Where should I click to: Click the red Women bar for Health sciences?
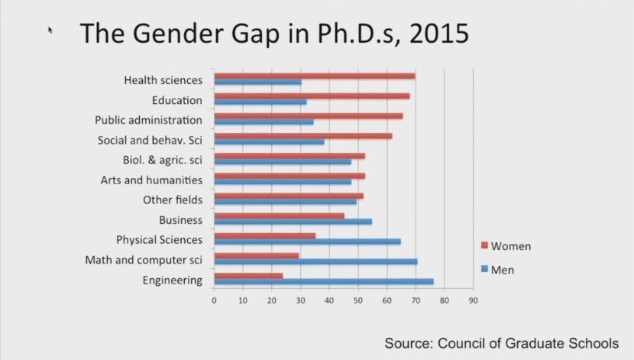314,76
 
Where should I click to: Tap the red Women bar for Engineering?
248,275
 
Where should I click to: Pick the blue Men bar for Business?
293,222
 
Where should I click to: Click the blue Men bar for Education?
260,102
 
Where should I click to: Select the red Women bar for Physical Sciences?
264,235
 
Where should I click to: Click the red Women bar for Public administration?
308,116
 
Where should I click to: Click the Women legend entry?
505,246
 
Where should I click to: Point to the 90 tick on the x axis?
473,300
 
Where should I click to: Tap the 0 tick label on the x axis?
214,300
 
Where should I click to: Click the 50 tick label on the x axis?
357,300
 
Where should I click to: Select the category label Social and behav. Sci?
150,140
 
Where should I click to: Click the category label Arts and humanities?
151,180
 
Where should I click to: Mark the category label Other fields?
173,200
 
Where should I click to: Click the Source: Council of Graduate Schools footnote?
501,342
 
